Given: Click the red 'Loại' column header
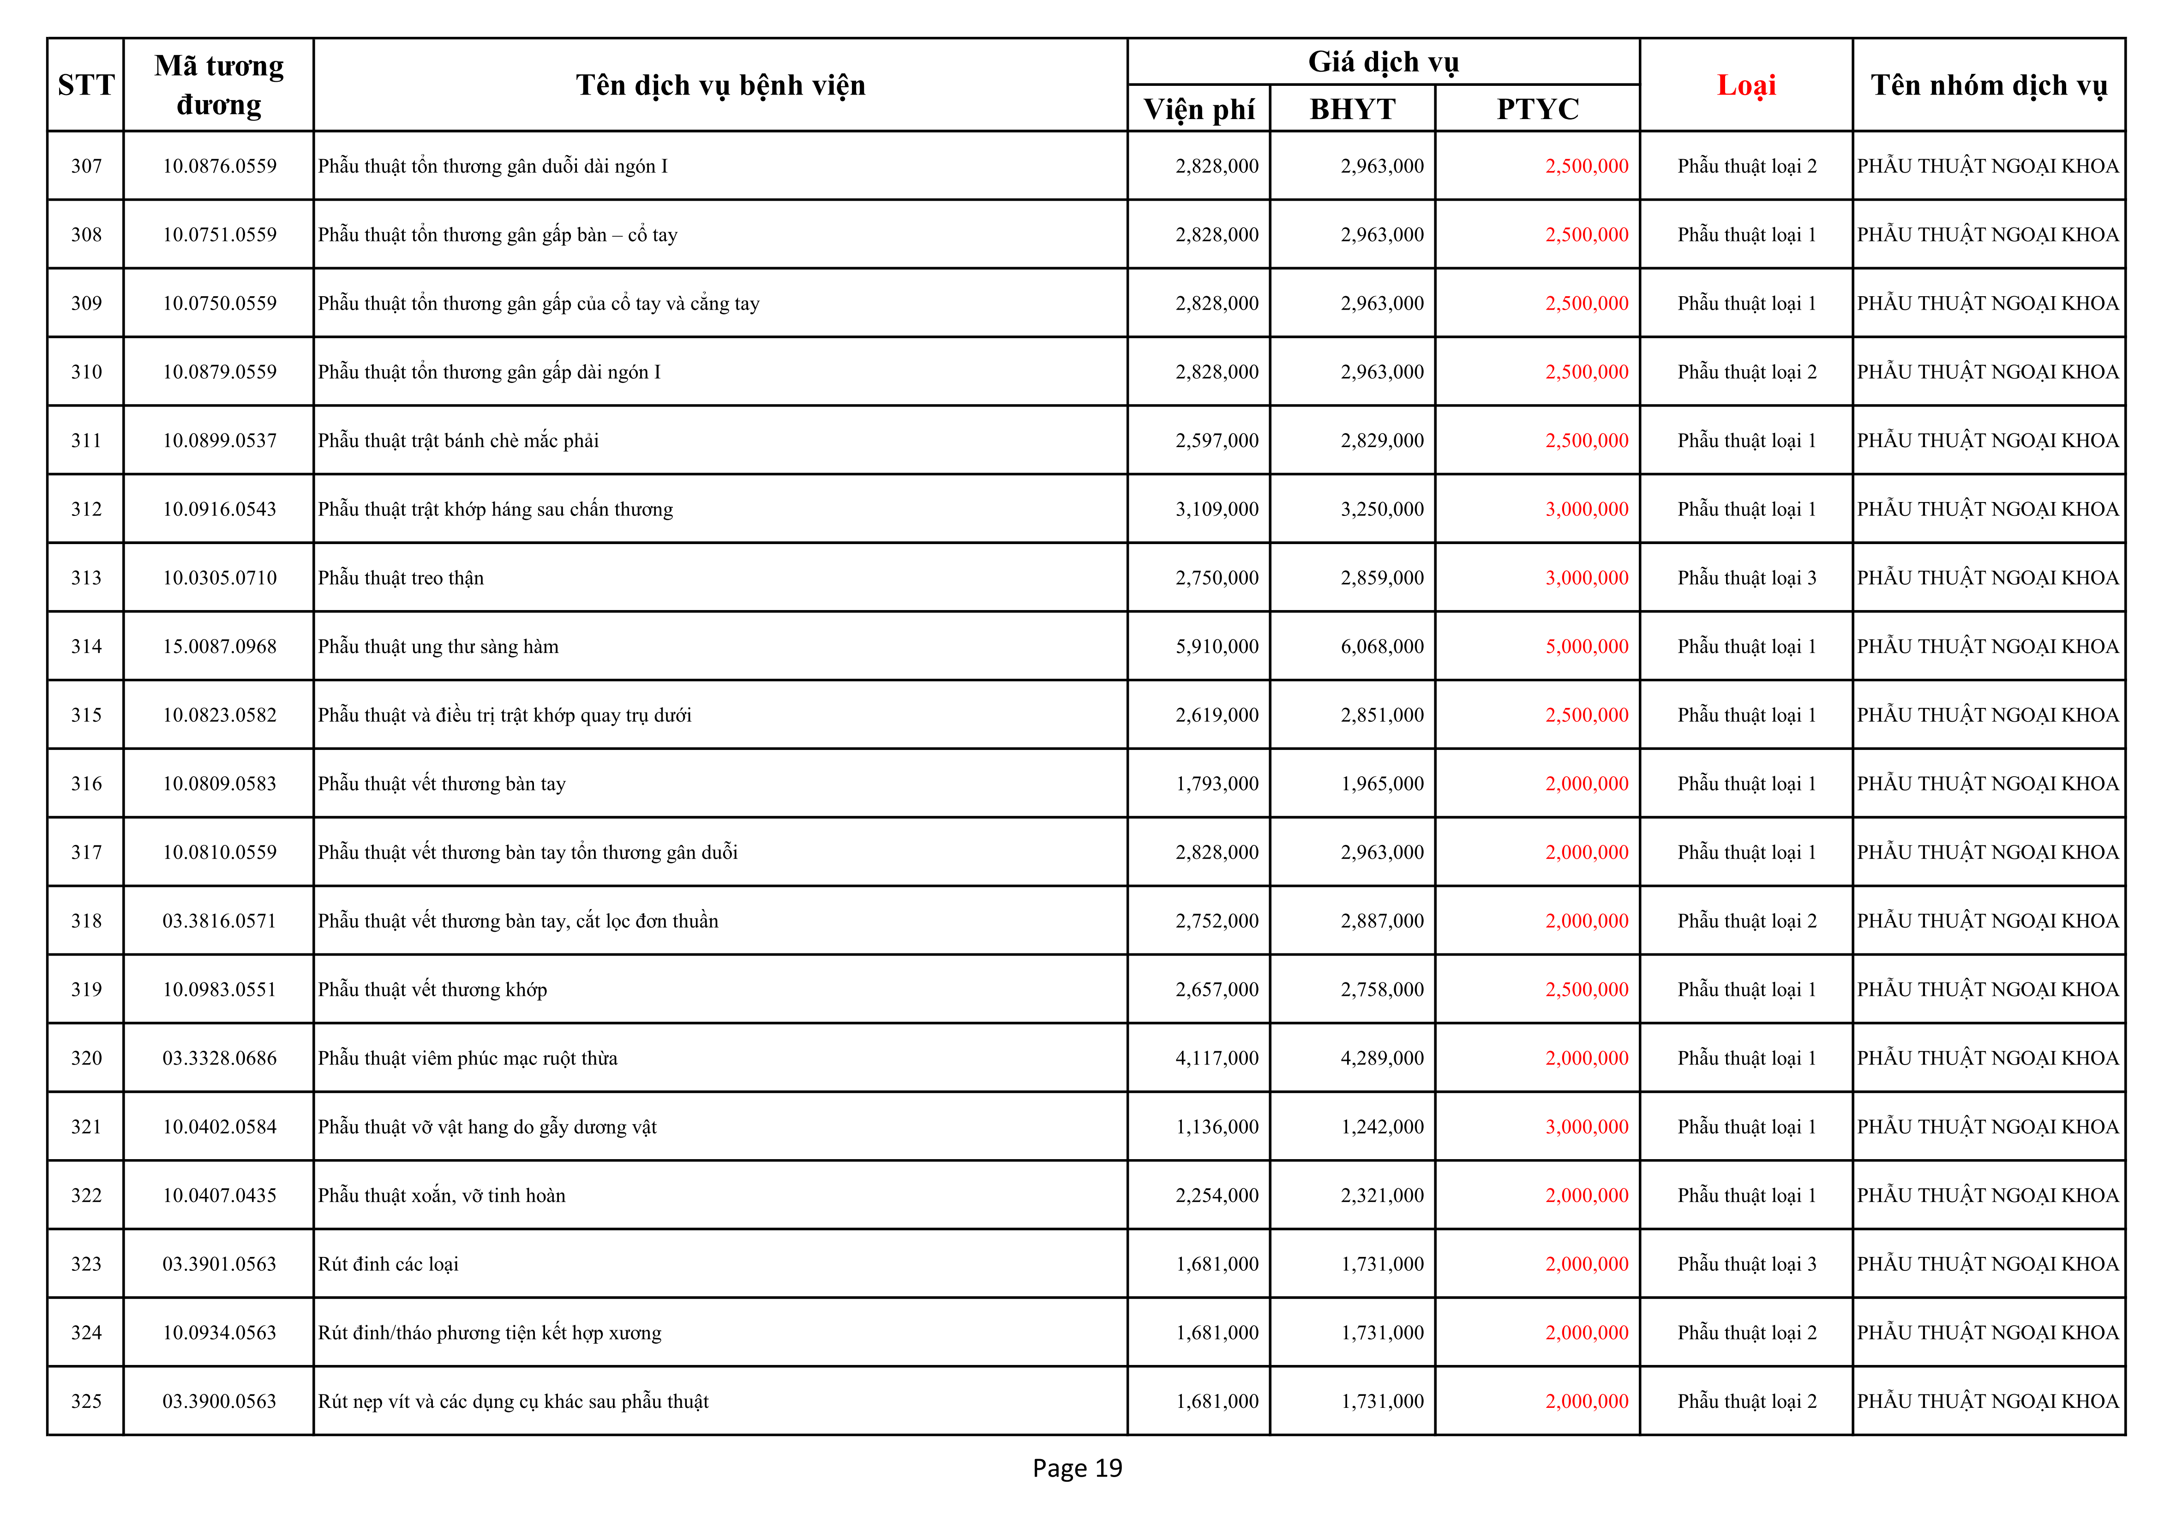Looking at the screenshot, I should (x=1745, y=85).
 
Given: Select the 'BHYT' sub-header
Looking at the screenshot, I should (x=1353, y=109).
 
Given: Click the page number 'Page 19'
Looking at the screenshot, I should (x=1077, y=1468).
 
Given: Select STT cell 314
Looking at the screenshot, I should (x=86, y=646).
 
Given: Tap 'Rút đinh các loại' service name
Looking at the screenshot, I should (x=388, y=1264).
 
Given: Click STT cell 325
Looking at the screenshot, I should (x=86, y=1401).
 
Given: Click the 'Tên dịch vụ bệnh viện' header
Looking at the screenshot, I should (x=720, y=85).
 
